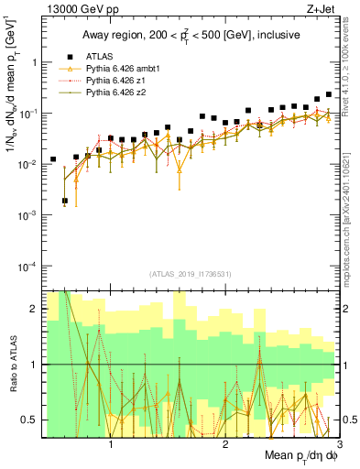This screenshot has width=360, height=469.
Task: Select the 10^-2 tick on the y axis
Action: point(29,164)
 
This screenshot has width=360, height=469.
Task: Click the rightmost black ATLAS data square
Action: point(329,93)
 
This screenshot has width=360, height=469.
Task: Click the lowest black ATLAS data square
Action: point(65,201)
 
